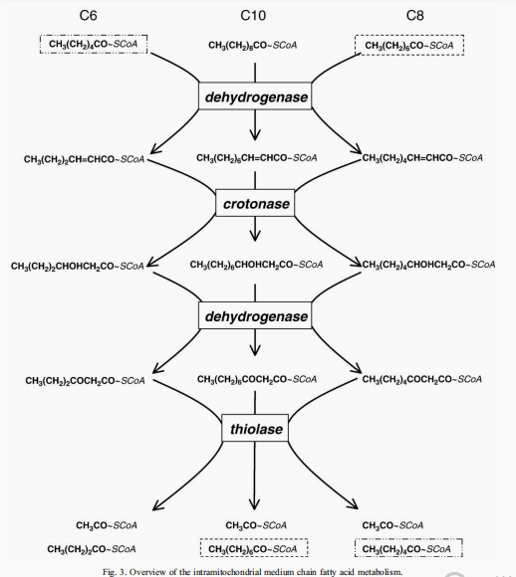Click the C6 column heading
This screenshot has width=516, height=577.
(x=88, y=16)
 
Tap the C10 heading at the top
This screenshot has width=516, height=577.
(x=253, y=16)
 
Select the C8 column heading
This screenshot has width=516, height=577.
(x=415, y=16)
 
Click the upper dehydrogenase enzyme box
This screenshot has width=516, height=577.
(x=255, y=96)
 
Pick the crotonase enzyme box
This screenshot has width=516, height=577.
(x=255, y=203)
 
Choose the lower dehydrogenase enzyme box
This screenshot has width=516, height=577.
(x=255, y=315)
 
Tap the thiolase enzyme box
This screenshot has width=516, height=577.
(x=255, y=428)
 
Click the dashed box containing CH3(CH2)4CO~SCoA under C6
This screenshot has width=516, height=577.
(x=94, y=44)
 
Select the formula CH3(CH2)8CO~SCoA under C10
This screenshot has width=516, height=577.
(x=253, y=45)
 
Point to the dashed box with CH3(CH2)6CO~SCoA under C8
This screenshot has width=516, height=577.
(x=409, y=45)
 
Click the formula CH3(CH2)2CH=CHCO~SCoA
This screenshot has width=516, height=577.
(x=84, y=159)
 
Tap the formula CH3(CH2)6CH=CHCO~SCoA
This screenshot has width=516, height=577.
(x=257, y=158)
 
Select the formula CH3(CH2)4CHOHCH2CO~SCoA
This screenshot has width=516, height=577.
(x=428, y=265)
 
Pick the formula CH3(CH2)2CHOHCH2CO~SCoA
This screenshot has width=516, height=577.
(x=78, y=266)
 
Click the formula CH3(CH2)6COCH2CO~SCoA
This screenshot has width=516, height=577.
(x=257, y=379)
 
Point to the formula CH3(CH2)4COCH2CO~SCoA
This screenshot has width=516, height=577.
(x=422, y=379)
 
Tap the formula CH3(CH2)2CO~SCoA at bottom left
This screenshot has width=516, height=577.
(x=92, y=549)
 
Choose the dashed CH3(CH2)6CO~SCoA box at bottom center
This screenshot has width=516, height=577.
(x=254, y=548)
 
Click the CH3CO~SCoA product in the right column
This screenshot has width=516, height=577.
(x=392, y=525)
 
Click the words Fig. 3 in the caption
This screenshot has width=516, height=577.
(x=114, y=572)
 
